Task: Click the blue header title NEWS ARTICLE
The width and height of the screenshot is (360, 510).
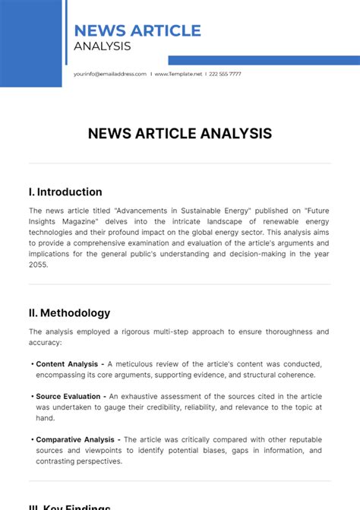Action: pos(137,30)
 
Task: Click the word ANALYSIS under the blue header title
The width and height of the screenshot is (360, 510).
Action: pos(103,46)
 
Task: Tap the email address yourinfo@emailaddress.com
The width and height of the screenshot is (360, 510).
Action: pos(110,74)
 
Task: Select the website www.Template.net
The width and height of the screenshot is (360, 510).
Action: pos(178,74)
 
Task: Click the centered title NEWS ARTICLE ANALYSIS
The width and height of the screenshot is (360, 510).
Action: pos(180,134)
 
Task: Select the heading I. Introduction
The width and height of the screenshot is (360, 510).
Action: pos(65,192)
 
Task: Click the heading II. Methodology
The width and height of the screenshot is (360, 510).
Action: pos(69,312)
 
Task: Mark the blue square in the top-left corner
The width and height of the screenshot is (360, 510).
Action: pos(30,43)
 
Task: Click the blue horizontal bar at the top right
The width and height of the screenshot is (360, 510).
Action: pos(264,60)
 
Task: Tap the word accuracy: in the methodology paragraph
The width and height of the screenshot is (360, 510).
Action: pos(45,342)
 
